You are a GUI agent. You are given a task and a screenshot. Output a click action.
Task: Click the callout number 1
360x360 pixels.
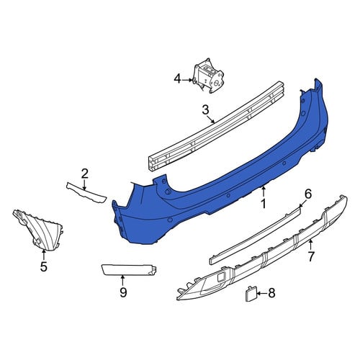click(x=264, y=204)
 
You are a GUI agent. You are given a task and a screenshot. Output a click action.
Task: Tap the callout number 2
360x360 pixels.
click(x=84, y=174)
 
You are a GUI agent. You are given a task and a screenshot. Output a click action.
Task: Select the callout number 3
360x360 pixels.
click(x=205, y=110)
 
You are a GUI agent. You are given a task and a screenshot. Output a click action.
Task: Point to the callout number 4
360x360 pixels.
click(x=177, y=79)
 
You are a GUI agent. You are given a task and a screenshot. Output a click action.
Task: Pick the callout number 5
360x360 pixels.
click(x=44, y=266)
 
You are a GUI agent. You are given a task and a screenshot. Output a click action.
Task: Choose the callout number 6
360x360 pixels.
click(x=307, y=194)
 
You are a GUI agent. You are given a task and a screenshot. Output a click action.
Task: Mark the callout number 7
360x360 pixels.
click(x=311, y=256)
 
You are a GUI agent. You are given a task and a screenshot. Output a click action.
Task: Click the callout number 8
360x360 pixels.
click(x=271, y=293)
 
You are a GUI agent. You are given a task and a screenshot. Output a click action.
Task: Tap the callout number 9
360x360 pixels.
click(x=123, y=292)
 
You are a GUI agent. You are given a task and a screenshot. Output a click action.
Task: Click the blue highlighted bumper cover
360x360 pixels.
click(x=216, y=182)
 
